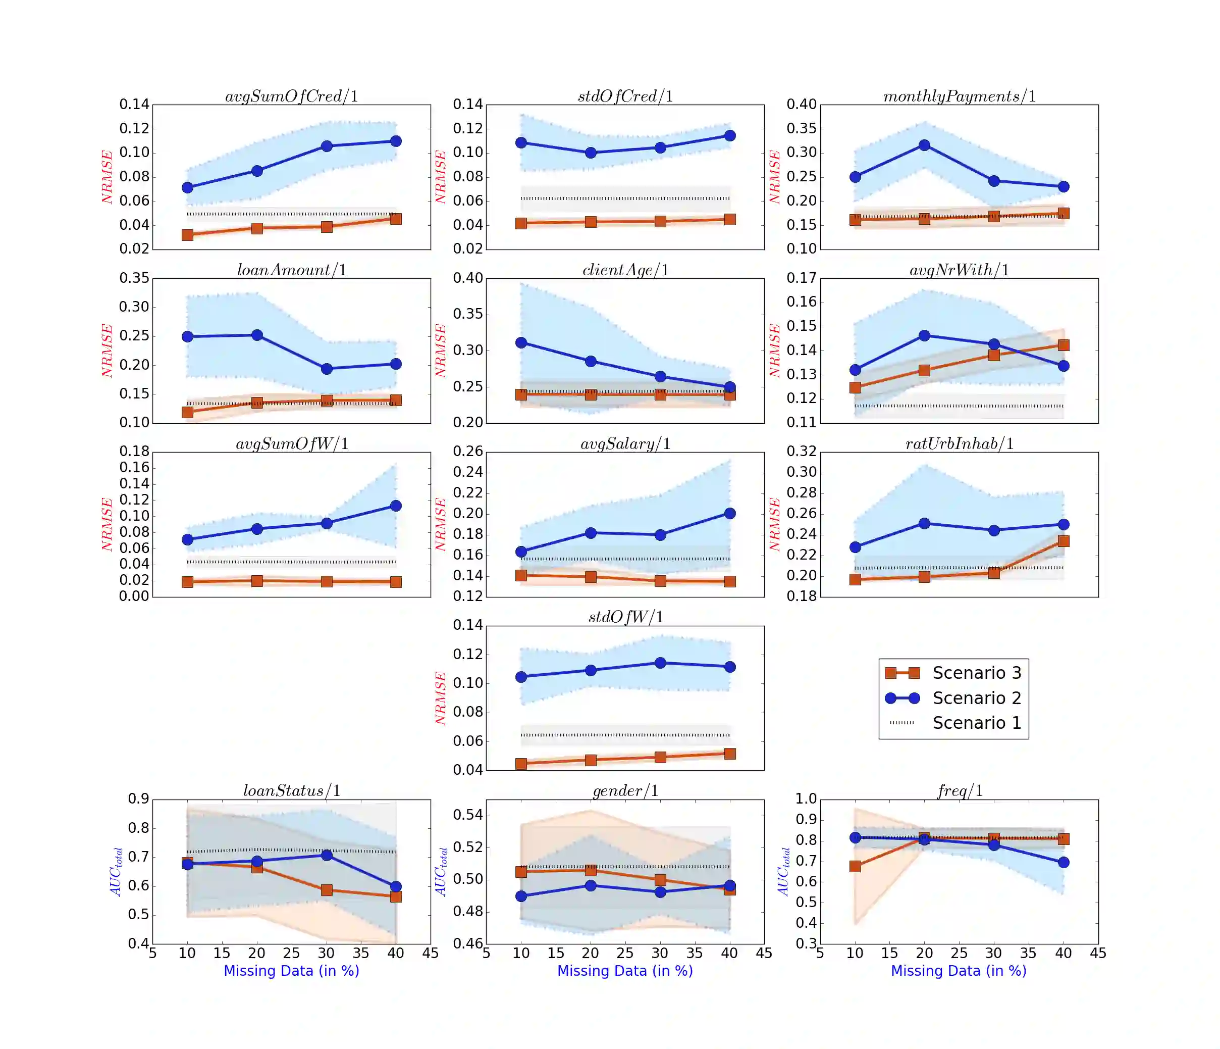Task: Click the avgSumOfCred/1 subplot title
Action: (291, 96)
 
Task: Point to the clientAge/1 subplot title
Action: (625, 270)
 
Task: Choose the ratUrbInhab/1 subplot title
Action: (959, 443)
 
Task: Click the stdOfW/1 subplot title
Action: (625, 617)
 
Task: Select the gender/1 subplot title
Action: (625, 790)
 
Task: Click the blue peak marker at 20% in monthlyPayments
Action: (924, 145)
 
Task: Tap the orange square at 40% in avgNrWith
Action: (1064, 345)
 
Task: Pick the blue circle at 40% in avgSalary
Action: (729, 514)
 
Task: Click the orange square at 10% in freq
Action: (855, 866)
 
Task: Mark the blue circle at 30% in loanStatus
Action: (327, 855)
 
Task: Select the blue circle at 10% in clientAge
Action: (521, 343)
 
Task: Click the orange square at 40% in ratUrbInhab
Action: (1064, 541)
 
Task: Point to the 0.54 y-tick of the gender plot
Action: (467, 815)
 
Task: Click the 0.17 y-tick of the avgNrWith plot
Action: (802, 278)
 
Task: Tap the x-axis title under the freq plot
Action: (959, 971)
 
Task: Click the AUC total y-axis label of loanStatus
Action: (117, 872)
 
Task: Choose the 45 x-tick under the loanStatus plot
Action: (431, 953)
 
